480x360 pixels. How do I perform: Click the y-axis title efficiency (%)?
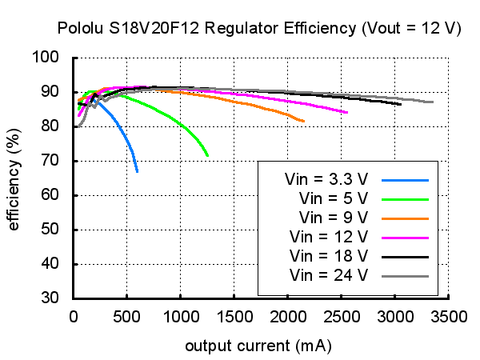tap(14, 178)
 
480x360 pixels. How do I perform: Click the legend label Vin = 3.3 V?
tap(326, 178)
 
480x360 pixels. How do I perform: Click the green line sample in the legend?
tap(406, 198)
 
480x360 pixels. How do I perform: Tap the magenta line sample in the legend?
tap(406, 237)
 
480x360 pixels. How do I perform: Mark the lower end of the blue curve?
tap(138, 171)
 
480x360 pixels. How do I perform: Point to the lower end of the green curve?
tap(207, 155)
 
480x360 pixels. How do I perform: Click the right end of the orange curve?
tap(304, 121)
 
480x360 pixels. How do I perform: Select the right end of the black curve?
tap(401, 103)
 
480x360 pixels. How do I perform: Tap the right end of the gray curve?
tap(433, 102)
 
